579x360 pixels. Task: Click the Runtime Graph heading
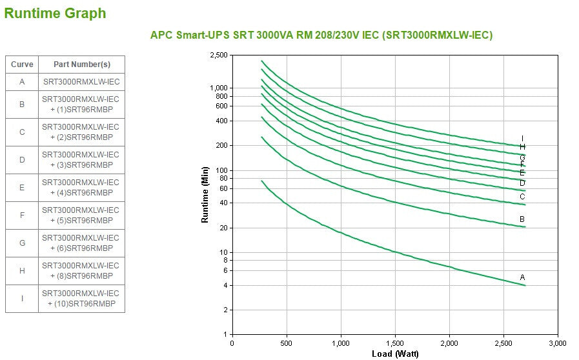(55, 14)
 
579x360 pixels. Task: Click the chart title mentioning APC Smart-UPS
(321, 35)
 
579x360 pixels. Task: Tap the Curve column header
(22, 65)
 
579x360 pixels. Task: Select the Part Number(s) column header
(81, 65)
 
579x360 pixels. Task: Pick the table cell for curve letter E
(22, 188)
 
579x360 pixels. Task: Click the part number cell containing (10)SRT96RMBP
(81, 298)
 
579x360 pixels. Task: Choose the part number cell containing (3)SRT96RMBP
(81, 160)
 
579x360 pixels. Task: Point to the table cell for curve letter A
(22, 82)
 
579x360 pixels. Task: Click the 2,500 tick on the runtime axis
(219, 55)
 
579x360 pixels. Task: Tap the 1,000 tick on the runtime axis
(219, 88)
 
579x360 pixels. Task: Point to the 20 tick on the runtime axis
(223, 228)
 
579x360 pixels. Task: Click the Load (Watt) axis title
(395, 354)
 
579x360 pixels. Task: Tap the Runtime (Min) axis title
(205, 195)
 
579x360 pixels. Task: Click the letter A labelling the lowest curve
(523, 277)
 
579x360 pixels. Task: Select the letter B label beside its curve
(522, 219)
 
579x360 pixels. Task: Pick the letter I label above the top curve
(522, 139)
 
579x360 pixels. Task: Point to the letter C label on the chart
(522, 197)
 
